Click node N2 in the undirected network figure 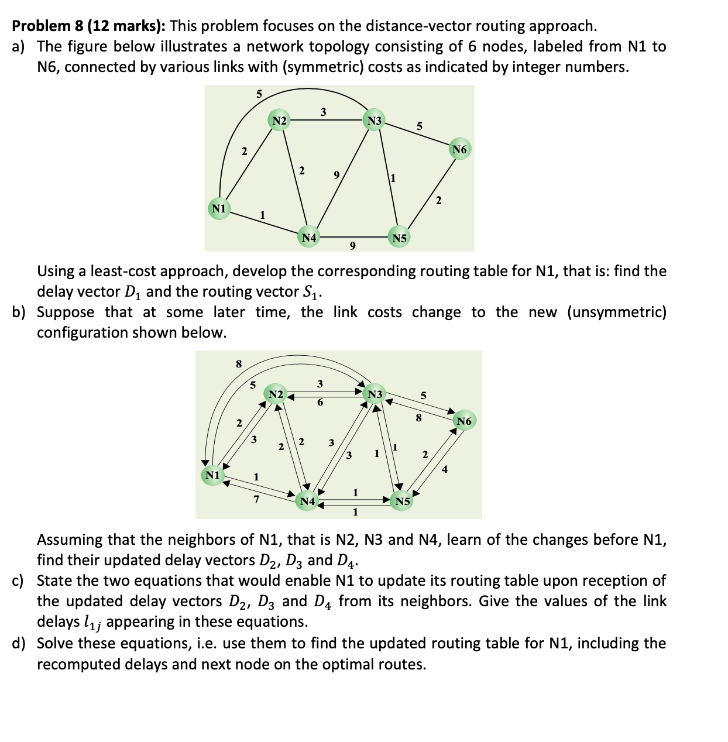(x=280, y=121)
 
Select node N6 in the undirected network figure (x=459, y=150)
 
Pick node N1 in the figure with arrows (x=212, y=475)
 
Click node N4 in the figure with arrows (x=308, y=501)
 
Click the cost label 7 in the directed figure (x=256, y=499)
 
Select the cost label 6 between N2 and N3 (x=320, y=403)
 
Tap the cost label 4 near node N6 (x=445, y=468)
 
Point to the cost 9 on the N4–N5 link (x=352, y=246)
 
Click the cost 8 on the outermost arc (x=238, y=363)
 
